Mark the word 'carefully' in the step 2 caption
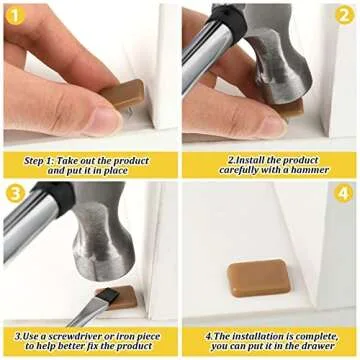pos(226,170)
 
